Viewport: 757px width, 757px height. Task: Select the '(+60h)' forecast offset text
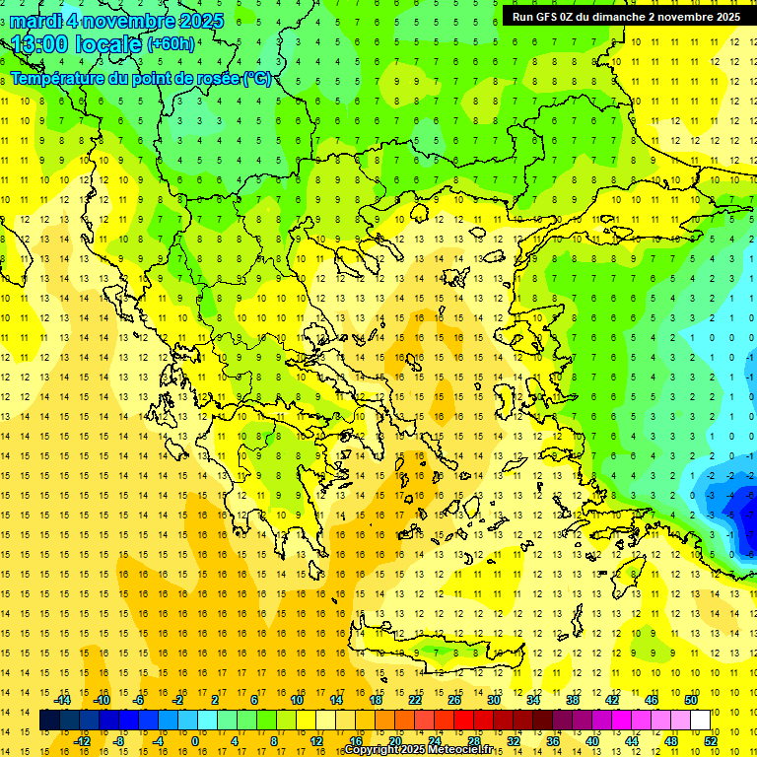171,44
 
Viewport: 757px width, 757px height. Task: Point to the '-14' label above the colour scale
63,700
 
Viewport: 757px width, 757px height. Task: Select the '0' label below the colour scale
194,741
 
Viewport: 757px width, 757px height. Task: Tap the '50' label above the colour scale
690,700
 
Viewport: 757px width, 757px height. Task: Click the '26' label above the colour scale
454,700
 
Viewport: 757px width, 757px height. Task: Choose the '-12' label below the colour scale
82,741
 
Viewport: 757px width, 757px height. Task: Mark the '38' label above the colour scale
572,700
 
